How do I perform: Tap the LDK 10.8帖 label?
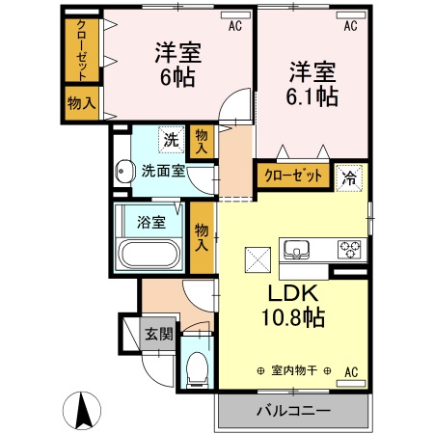click(288, 304)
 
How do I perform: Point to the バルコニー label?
click(293, 410)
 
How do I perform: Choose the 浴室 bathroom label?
click(150, 222)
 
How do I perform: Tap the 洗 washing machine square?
click(171, 139)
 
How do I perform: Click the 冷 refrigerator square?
click(348, 176)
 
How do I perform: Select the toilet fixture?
click(197, 366)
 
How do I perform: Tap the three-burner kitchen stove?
click(348, 250)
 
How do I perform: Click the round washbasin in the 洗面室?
click(122, 174)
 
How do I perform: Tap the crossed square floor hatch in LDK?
click(258, 259)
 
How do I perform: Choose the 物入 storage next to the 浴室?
click(202, 236)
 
